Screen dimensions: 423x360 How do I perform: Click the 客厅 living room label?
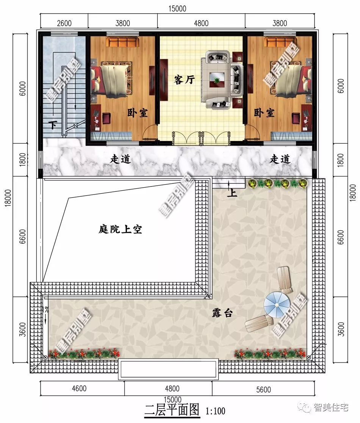tap(184, 80)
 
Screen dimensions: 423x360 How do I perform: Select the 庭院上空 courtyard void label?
tap(120, 229)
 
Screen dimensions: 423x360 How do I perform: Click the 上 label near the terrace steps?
tap(232, 193)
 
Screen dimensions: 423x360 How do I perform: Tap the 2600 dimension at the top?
tap(64, 23)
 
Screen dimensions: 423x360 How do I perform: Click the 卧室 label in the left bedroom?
tap(138, 113)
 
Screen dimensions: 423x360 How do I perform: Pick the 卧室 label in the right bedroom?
tap(264, 113)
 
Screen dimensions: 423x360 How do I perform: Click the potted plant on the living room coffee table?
tap(217, 80)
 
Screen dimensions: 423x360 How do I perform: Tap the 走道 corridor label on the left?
tap(120, 160)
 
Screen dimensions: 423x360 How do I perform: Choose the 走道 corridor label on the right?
tap(280, 160)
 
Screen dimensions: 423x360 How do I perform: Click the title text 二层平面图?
tap(172, 410)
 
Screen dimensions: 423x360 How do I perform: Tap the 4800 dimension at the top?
tap(201, 23)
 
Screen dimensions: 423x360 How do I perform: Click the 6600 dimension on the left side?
tap(23, 237)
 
